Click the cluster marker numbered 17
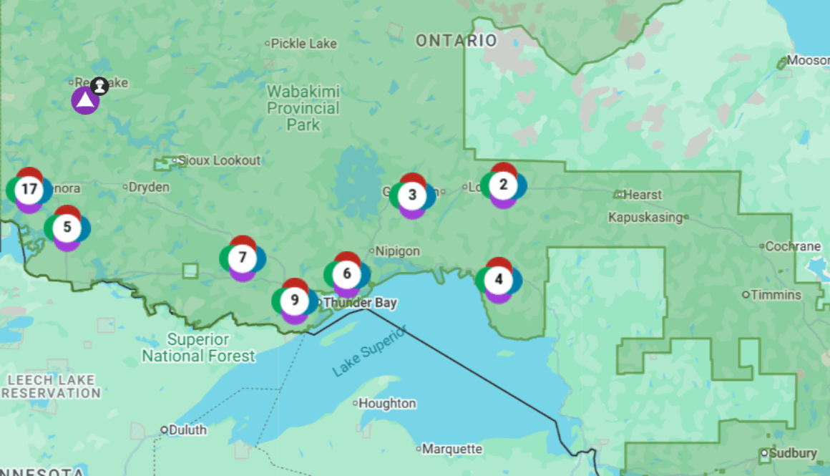coord(29,190)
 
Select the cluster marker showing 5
coord(67,228)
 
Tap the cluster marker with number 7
coord(243,258)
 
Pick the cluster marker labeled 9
coord(295,300)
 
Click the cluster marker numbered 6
coord(347,273)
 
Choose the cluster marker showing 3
coord(412,195)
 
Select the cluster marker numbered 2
coord(504,185)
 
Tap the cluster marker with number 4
coord(499,279)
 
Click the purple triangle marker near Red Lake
coord(85,100)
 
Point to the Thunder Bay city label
coord(360,303)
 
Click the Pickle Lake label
coord(303,44)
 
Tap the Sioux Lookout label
coord(219,160)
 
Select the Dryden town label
coord(149,188)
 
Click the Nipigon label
coord(398,251)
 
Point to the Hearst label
coord(643,195)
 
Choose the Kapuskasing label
coord(645,217)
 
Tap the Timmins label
coord(776,294)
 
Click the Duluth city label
coord(188,430)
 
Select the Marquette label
coord(452,450)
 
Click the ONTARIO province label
coord(456,41)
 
